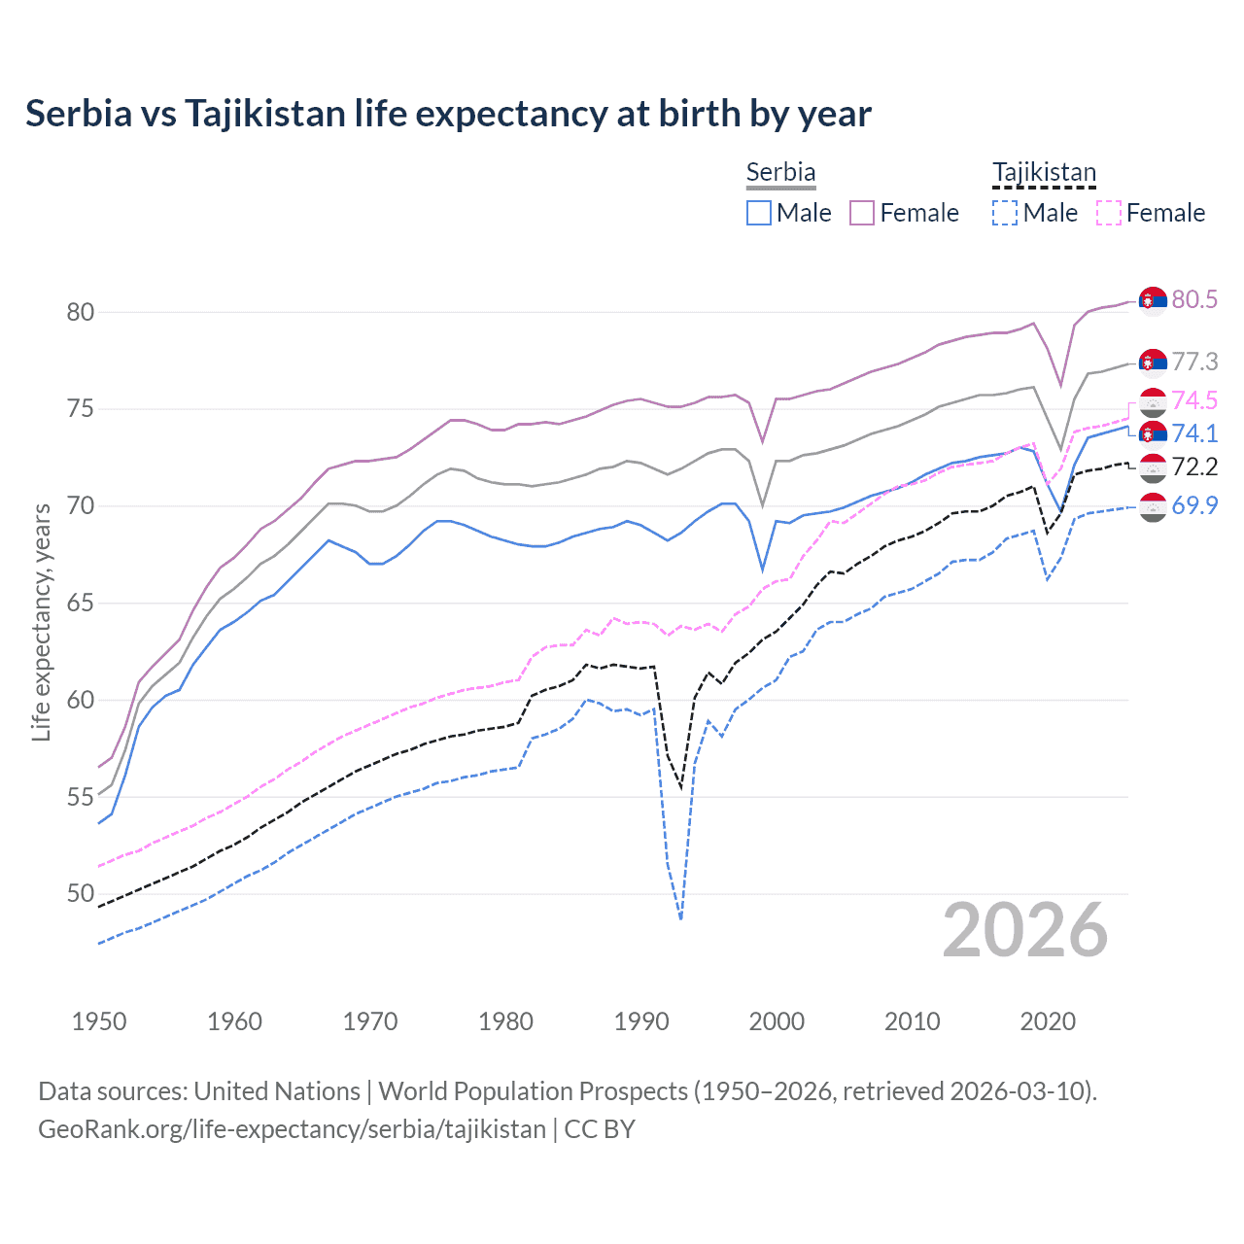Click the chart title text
coord(448,114)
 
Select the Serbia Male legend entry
coord(789,213)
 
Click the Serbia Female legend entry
coord(905,213)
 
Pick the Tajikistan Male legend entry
coord(1035,213)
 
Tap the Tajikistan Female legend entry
coord(1151,213)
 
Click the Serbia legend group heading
coord(780,172)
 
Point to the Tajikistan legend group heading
coord(1044,172)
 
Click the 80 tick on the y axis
coord(80,312)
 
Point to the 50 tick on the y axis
coord(80,893)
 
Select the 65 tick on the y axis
coord(80,603)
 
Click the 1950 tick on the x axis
coord(99,1021)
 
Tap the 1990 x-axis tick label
coord(641,1021)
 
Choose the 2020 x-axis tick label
coord(1048,1021)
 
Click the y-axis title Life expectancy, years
coord(41,622)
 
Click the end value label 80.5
coord(1194,299)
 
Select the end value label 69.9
coord(1194,505)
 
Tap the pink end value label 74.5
coord(1194,400)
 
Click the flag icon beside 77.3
coord(1153,362)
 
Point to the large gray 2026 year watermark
coord(1024,930)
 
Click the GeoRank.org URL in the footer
coord(292,1129)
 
